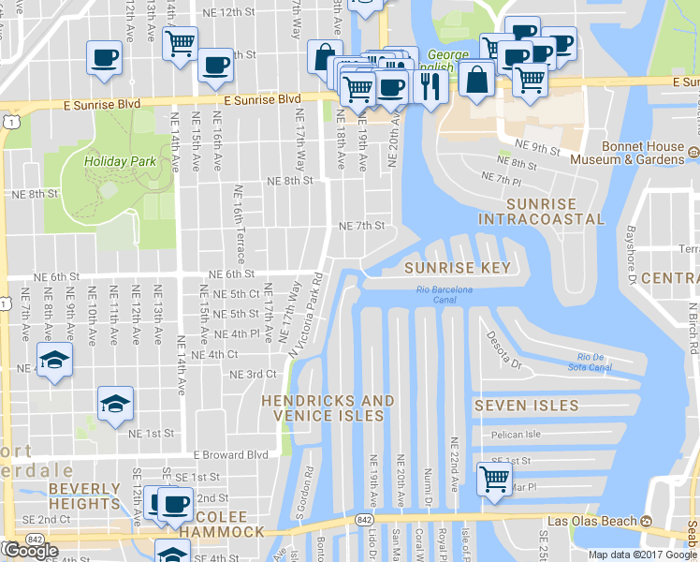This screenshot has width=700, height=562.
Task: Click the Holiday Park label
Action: click(119, 161)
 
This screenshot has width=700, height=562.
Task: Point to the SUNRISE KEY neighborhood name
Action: click(458, 268)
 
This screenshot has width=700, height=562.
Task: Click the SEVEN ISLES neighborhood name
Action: click(521, 405)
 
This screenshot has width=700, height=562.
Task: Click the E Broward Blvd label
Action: click(230, 455)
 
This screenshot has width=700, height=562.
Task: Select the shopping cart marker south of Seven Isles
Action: click(493, 479)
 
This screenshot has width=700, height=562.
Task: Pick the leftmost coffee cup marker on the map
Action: click(103, 58)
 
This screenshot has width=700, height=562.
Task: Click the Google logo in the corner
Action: click(30, 551)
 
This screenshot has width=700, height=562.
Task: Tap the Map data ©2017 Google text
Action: click(641, 555)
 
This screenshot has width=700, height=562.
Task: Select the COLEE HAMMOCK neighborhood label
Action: click(222, 525)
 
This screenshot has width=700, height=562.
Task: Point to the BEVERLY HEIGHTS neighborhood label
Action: click(84, 496)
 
